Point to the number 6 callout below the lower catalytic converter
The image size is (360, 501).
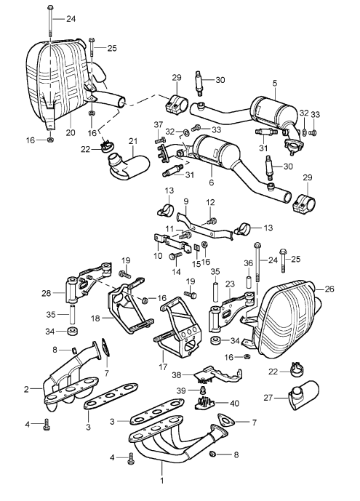210,185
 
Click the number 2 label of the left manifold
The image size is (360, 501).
26,390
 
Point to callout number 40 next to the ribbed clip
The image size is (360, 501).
234,404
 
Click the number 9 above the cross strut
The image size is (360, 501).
185,201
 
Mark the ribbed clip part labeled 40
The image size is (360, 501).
211,402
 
